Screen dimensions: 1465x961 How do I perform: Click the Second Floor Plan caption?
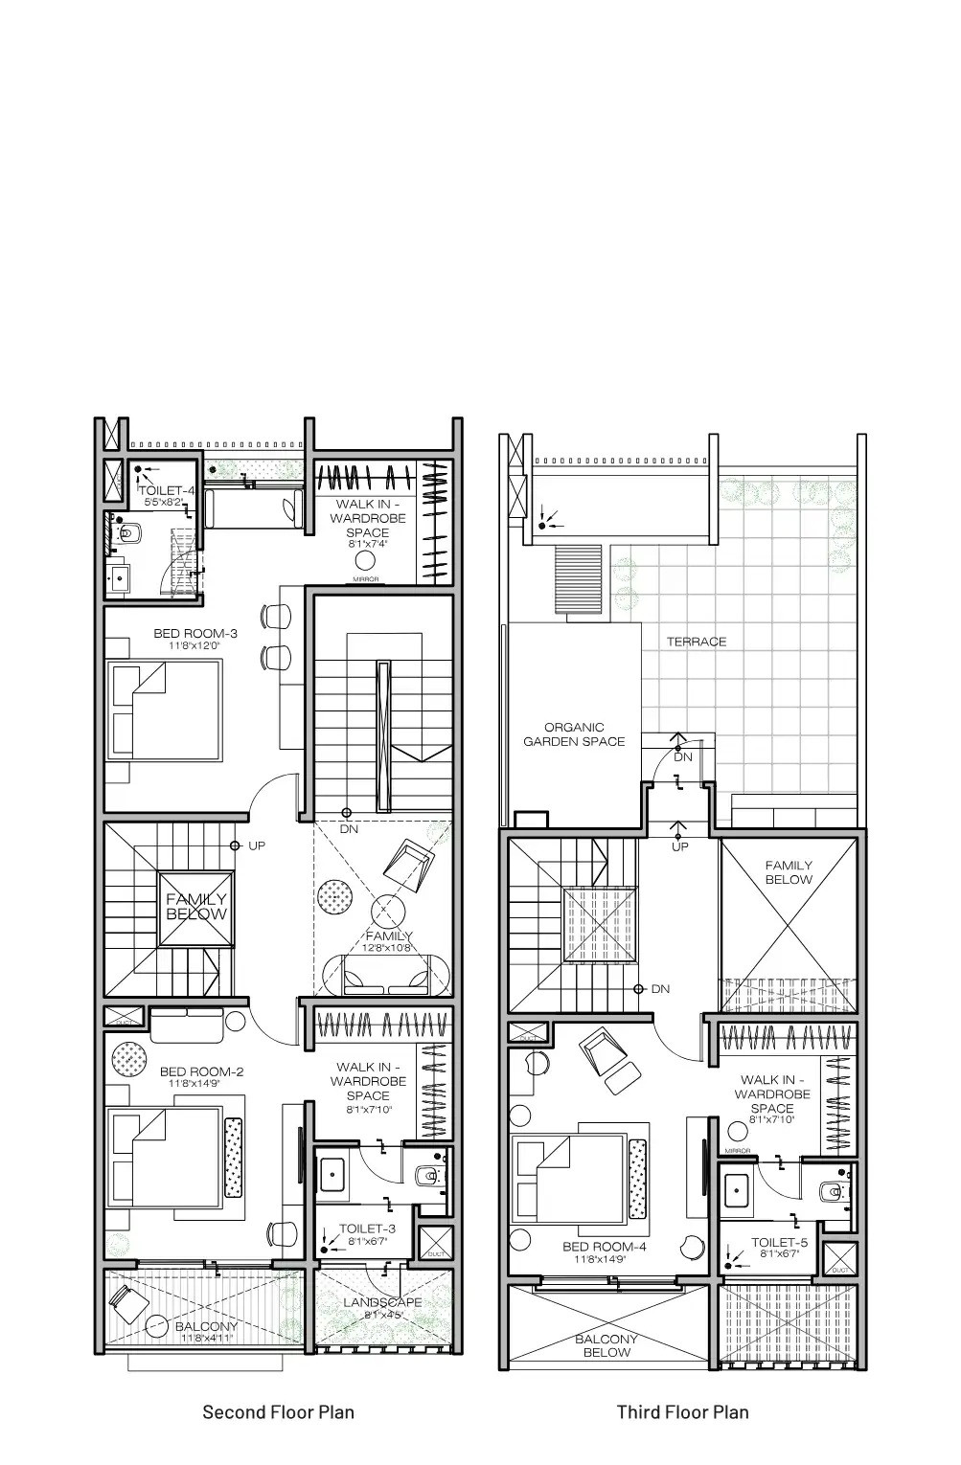pyautogui.click(x=278, y=1412)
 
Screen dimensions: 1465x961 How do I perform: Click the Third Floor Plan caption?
pyautogui.click(x=682, y=1412)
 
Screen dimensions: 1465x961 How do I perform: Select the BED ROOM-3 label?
pyautogui.click(x=195, y=634)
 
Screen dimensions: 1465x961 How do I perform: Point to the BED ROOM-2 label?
pyautogui.click(x=201, y=1072)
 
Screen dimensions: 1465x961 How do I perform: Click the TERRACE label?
pyautogui.click(x=697, y=642)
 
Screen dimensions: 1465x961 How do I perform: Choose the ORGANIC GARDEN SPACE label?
pyautogui.click(x=574, y=734)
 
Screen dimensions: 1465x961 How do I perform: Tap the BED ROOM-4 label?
pyautogui.click(x=605, y=1247)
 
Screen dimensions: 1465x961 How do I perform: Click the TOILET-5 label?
pyautogui.click(x=779, y=1243)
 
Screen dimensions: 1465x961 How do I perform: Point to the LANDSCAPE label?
pyautogui.click(x=382, y=1303)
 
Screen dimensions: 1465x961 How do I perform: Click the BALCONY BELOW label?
pyautogui.click(x=606, y=1345)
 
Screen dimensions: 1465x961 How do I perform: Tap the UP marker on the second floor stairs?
pyautogui.click(x=256, y=846)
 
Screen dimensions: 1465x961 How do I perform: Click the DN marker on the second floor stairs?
pyautogui.click(x=349, y=829)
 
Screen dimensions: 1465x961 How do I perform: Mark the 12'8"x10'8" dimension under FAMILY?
pyautogui.click(x=388, y=948)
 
